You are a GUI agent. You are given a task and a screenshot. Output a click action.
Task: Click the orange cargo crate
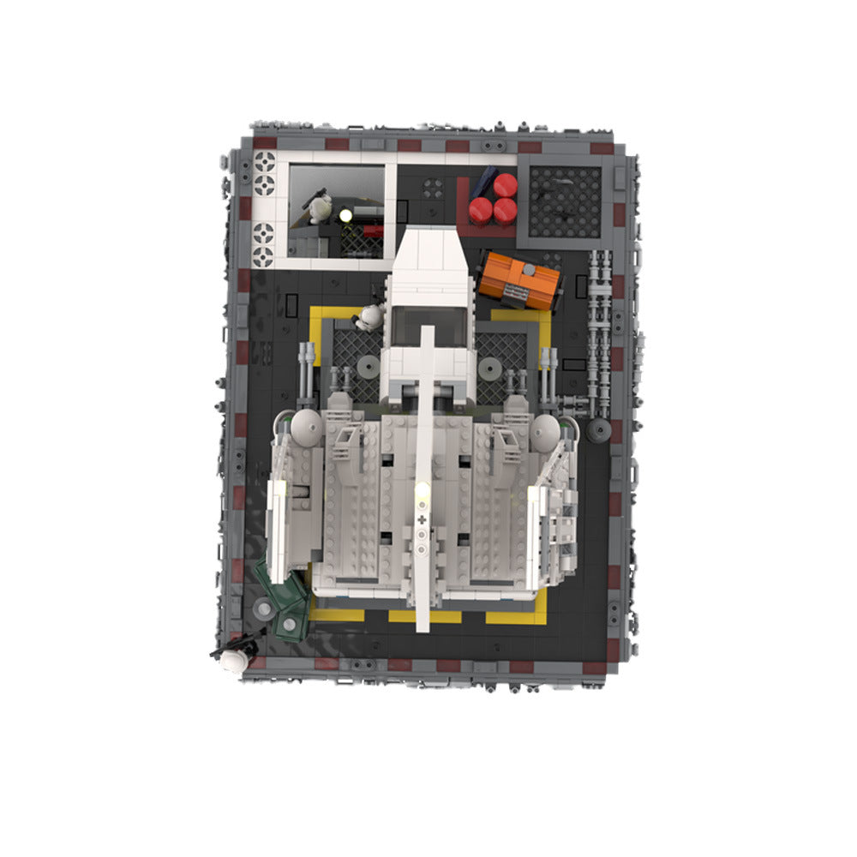click(520, 280)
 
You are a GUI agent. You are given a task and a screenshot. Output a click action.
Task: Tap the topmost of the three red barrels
click(505, 185)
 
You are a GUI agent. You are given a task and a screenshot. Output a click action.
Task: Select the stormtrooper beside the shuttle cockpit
click(370, 318)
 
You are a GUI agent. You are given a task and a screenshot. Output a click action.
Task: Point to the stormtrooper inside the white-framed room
click(321, 207)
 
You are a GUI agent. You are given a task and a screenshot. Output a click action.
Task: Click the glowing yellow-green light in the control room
click(345, 214)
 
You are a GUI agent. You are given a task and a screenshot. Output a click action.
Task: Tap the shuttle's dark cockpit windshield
click(427, 325)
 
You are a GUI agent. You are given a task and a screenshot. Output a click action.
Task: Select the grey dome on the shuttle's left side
click(307, 426)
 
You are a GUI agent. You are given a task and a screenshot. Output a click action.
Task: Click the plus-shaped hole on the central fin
click(421, 519)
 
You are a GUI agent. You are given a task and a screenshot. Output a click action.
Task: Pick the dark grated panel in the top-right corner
click(565, 201)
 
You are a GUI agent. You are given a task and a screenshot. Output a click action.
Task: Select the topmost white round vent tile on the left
click(265, 161)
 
